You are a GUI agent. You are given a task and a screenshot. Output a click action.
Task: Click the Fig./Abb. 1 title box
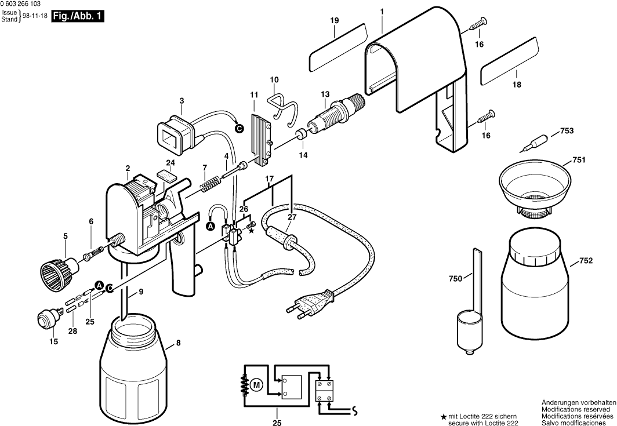(x=78, y=16)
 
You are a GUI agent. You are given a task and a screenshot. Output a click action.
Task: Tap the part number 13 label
(x=325, y=94)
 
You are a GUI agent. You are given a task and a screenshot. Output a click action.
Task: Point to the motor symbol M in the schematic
(x=256, y=384)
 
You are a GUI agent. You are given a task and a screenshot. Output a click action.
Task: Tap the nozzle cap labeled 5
(x=60, y=270)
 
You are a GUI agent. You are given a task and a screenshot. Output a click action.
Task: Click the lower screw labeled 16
(x=487, y=116)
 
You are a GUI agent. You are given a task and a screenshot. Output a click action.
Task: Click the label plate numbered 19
(x=337, y=47)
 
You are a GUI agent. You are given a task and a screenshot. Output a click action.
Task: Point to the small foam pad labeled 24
(x=166, y=174)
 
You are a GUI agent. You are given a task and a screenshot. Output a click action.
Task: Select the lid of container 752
(x=535, y=247)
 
